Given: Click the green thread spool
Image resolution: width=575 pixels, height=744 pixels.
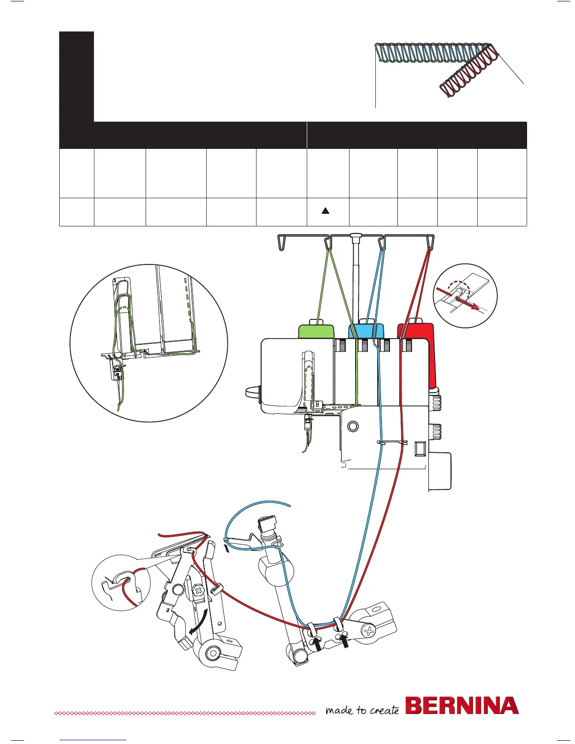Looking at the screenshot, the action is point(316,330).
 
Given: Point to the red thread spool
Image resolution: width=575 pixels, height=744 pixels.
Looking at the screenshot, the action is point(418,330).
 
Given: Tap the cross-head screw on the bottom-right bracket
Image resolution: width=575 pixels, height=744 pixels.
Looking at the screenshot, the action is point(370,631).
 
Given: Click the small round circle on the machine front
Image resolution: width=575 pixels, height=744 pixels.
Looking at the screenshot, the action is point(353,426).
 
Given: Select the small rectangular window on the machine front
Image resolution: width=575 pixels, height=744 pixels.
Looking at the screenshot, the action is point(420,449).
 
